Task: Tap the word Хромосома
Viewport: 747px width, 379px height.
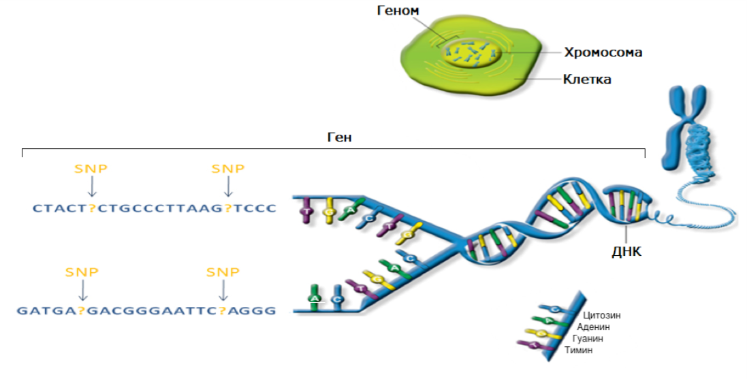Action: click(x=603, y=52)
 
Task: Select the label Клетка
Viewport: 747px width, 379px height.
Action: click(x=586, y=80)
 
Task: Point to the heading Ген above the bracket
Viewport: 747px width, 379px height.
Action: click(x=339, y=137)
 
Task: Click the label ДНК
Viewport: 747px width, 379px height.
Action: click(x=627, y=251)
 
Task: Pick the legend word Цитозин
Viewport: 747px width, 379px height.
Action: click(x=602, y=316)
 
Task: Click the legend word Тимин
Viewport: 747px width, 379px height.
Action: click(x=579, y=350)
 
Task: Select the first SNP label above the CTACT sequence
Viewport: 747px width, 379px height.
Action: click(x=91, y=169)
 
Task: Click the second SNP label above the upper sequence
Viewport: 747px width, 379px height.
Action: click(x=228, y=169)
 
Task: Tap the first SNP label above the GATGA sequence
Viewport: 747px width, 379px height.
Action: click(x=82, y=272)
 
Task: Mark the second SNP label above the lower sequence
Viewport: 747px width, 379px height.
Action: click(x=223, y=272)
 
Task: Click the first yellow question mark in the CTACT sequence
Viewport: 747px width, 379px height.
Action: click(x=92, y=208)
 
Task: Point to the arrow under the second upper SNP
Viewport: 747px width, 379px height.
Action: click(x=228, y=187)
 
